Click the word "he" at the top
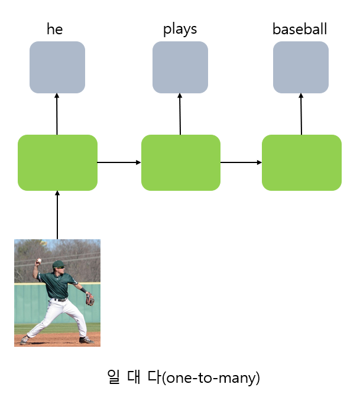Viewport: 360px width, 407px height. click(54, 30)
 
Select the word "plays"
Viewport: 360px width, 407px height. click(180, 30)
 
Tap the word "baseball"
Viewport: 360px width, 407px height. click(299, 30)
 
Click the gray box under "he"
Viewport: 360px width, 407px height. click(57, 67)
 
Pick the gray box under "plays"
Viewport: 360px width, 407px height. click(180, 67)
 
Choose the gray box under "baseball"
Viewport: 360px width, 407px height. click(300, 67)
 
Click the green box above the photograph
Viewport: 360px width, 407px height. click(57, 162)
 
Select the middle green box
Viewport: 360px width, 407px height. click(180, 162)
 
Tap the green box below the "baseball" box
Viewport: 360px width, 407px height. click(301, 162)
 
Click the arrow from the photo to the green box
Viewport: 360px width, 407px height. click(57, 215)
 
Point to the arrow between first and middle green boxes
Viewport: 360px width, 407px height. click(119, 162)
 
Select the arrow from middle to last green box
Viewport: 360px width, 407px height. click(241, 162)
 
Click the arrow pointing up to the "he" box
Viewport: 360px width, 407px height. click(57, 114)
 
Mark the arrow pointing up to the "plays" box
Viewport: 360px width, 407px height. click(180, 114)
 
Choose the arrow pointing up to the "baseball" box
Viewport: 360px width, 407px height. click(301, 114)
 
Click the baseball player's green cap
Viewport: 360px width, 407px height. click(57, 264)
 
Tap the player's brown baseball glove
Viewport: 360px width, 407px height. click(90, 299)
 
